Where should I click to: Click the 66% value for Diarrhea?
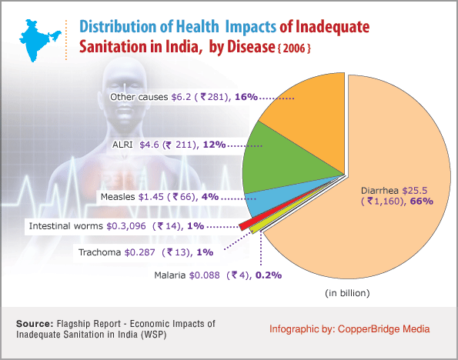click(x=422, y=202)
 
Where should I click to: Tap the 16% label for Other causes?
click(x=246, y=97)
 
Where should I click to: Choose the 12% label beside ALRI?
click(x=215, y=145)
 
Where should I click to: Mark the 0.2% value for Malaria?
click(x=269, y=275)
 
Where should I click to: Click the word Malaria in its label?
click(x=169, y=275)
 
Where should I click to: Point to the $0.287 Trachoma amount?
click(x=140, y=252)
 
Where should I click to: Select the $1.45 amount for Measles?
click(x=151, y=197)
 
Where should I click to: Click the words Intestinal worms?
click(x=65, y=226)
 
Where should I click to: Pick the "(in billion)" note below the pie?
click(x=347, y=293)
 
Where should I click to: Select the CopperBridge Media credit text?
click(x=384, y=329)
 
